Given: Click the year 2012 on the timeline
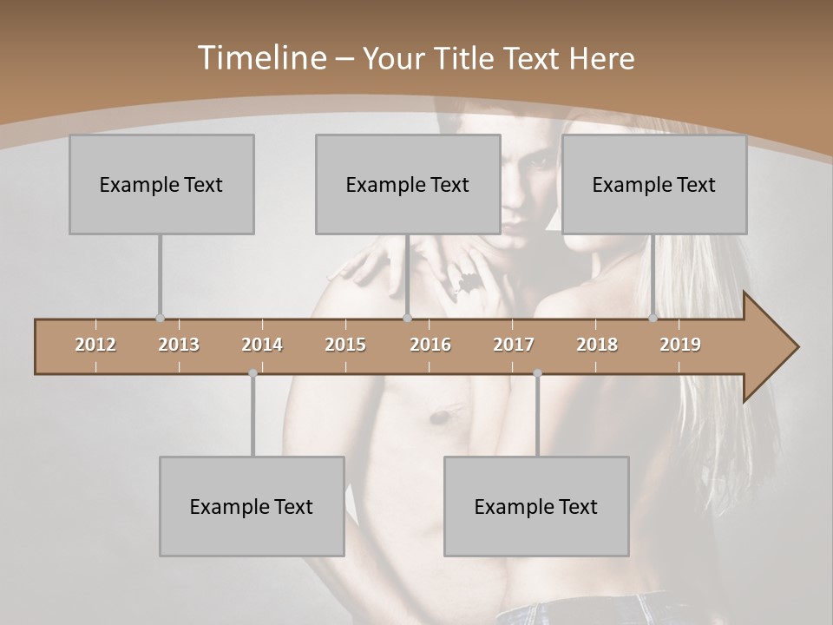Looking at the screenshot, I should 95,345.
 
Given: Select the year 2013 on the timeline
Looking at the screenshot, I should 179,345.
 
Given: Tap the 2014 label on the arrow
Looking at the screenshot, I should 262,345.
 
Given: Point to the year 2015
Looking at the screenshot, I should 345,345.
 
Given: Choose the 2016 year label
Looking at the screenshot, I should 430,345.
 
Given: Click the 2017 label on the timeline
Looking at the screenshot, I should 514,345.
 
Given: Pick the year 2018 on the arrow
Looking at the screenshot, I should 597,345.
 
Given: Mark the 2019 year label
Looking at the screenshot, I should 680,345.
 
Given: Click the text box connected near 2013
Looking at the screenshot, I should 161,184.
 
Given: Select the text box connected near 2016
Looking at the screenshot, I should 408,184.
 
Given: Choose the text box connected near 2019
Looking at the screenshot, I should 654,184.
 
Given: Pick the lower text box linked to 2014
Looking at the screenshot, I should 252,506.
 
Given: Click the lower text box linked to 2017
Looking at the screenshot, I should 536,506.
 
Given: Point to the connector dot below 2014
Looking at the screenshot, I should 253,373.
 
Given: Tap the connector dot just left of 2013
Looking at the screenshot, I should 160,318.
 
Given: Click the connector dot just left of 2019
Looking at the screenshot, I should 653,318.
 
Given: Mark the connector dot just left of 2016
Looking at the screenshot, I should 407,318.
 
